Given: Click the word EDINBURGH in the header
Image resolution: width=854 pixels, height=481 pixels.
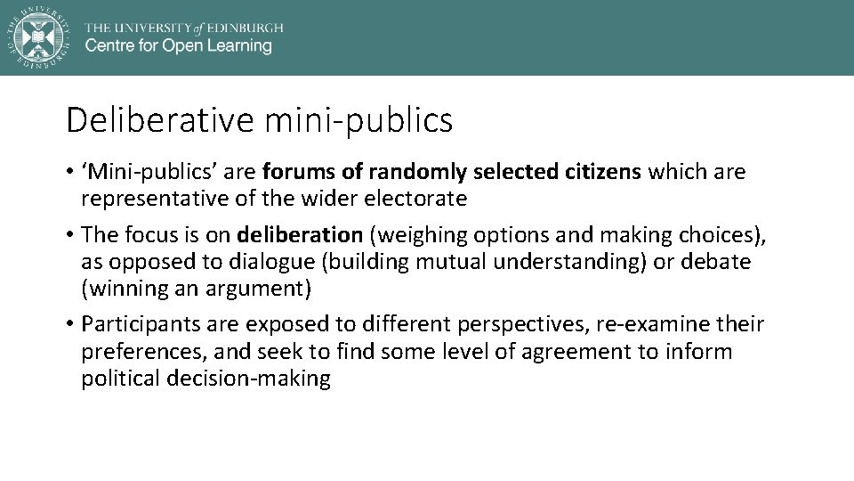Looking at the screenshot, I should coord(245,28).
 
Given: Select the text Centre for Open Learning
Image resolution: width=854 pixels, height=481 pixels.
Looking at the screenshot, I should coord(178,46).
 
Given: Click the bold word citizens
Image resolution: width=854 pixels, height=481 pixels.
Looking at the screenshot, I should coord(602,171).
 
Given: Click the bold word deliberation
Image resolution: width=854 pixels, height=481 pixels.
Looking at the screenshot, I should coord(300,235).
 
